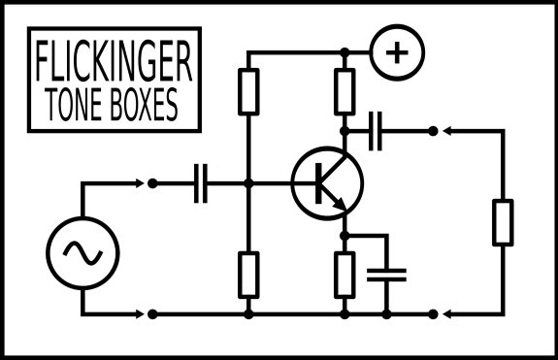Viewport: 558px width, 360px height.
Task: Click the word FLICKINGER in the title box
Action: (x=114, y=60)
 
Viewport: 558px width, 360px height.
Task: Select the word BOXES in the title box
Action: (x=144, y=104)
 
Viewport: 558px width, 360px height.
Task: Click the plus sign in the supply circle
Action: (x=397, y=52)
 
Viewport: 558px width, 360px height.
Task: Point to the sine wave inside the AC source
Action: (x=82, y=253)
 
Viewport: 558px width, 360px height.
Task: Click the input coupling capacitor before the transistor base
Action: (x=201, y=183)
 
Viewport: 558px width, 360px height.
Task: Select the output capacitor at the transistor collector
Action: (x=376, y=131)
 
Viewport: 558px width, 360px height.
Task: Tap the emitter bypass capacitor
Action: (x=386, y=275)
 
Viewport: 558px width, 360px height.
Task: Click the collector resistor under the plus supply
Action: (x=345, y=92)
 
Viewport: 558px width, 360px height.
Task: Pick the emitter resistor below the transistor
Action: (x=345, y=275)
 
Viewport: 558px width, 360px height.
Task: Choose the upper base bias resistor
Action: (x=248, y=92)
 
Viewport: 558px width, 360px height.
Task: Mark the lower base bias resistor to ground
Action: (x=248, y=275)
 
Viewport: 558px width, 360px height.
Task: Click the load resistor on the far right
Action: (x=503, y=222)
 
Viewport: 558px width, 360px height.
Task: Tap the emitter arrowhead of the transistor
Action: (x=342, y=206)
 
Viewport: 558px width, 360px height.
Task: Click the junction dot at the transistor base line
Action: (x=248, y=183)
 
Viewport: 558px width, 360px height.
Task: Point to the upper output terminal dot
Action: (x=433, y=131)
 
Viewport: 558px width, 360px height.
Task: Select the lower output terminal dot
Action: (x=433, y=314)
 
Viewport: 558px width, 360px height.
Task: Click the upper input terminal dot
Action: (x=152, y=183)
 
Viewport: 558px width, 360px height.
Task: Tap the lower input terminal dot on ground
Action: (x=152, y=314)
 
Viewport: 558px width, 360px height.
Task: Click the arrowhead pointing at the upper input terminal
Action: (x=140, y=183)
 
